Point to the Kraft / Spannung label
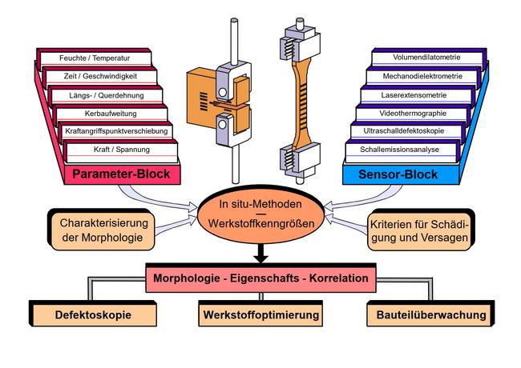pyautogui.click(x=119, y=150)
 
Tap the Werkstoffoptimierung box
pyautogui.click(x=260, y=314)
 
